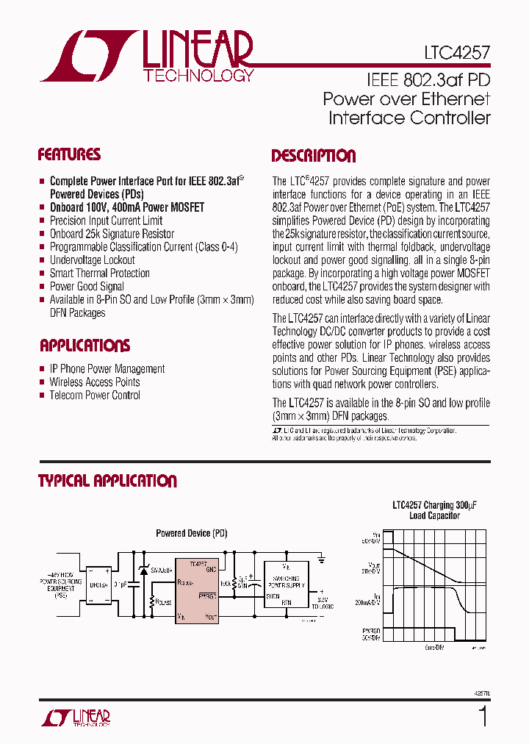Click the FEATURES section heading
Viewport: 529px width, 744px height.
[x=69, y=155]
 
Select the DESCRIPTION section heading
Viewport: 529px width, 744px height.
[x=314, y=156]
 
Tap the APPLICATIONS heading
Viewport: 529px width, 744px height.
[x=84, y=346]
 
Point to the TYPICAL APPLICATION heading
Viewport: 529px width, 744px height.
[x=107, y=482]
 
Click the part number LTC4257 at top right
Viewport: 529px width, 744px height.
[x=456, y=53]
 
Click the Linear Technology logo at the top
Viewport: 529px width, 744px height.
[x=147, y=56]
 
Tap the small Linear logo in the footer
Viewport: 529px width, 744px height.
[x=73, y=717]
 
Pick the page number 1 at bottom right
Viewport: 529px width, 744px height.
[x=482, y=716]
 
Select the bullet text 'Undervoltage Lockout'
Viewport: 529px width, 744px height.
[x=92, y=260]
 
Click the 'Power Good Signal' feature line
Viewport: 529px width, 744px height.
[x=87, y=287]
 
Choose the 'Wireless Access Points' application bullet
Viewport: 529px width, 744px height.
[x=94, y=382]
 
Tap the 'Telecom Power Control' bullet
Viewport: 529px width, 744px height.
[x=94, y=396]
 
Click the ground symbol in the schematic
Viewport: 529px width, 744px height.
[x=323, y=560]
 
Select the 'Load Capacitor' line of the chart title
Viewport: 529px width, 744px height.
[x=434, y=516]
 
